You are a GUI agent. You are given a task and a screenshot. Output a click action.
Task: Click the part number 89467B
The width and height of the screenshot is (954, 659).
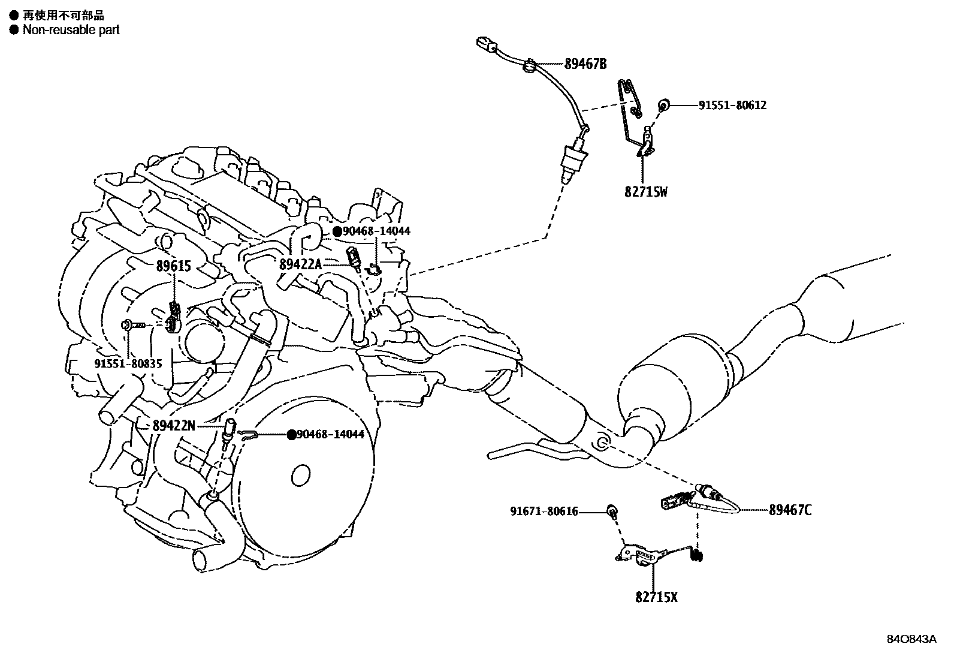[x=585, y=64]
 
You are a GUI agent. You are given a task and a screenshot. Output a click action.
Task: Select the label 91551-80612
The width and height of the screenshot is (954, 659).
[x=732, y=105]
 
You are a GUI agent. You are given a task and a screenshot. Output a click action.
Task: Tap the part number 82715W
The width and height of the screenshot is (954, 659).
[x=646, y=192]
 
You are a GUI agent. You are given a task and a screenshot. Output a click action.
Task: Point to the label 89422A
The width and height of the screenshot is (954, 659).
[x=300, y=264]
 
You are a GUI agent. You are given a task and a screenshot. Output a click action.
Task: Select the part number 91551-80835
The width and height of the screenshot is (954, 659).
[x=128, y=364]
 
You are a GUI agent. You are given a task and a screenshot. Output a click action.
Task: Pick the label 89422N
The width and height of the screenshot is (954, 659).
[x=174, y=425]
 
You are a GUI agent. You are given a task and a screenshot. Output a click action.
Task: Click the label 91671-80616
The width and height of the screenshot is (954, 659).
[x=544, y=511]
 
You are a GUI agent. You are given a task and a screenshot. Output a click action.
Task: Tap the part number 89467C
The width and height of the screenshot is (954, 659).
[x=791, y=510]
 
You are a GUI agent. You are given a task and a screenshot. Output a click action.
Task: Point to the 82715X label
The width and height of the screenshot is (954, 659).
[x=656, y=597]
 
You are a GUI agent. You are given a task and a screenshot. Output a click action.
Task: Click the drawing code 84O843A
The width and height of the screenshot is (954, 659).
[x=911, y=639]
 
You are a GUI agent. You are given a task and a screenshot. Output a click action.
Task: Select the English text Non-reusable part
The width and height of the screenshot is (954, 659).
[x=71, y=29]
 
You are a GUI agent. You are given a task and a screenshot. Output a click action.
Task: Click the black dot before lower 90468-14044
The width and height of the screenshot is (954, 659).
[x=291, y=435]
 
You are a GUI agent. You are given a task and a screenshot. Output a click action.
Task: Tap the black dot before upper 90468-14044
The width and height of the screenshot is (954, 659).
[x=337, y=231]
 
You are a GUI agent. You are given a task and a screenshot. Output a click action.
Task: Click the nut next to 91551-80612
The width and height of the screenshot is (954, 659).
[x=663, y=106]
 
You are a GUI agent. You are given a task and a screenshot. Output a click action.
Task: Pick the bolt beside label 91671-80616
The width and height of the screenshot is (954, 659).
[x=612, y=511]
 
